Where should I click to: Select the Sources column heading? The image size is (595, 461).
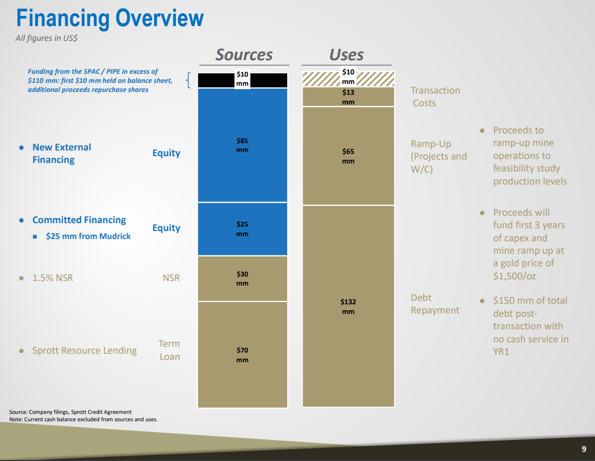click(244, 55)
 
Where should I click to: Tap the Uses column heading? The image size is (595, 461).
click(346, 55)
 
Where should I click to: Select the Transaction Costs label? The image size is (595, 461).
click(435, 97)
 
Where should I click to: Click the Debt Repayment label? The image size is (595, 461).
click(435, 304)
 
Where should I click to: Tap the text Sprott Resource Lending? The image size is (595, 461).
click(84, 351)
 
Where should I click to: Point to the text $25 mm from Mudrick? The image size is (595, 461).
click(88, 236)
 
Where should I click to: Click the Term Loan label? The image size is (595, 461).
click(169, 350)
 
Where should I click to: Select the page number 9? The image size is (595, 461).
click(584, 449)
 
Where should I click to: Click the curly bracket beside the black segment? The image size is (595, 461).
click(188, 81)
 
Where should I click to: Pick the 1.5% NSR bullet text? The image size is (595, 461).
click(52, 278)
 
